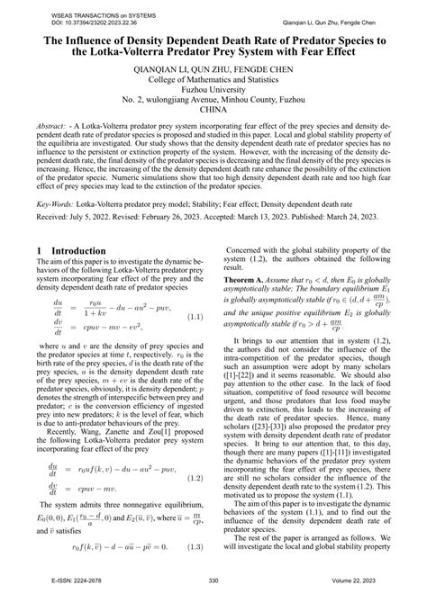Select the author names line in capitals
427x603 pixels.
pyautogui.click(x=213, y=67)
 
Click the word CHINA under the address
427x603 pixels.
pyautogui.click(x=213, y=112)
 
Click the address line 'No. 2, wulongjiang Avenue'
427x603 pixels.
pyautogui.click(x=213, y=100)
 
